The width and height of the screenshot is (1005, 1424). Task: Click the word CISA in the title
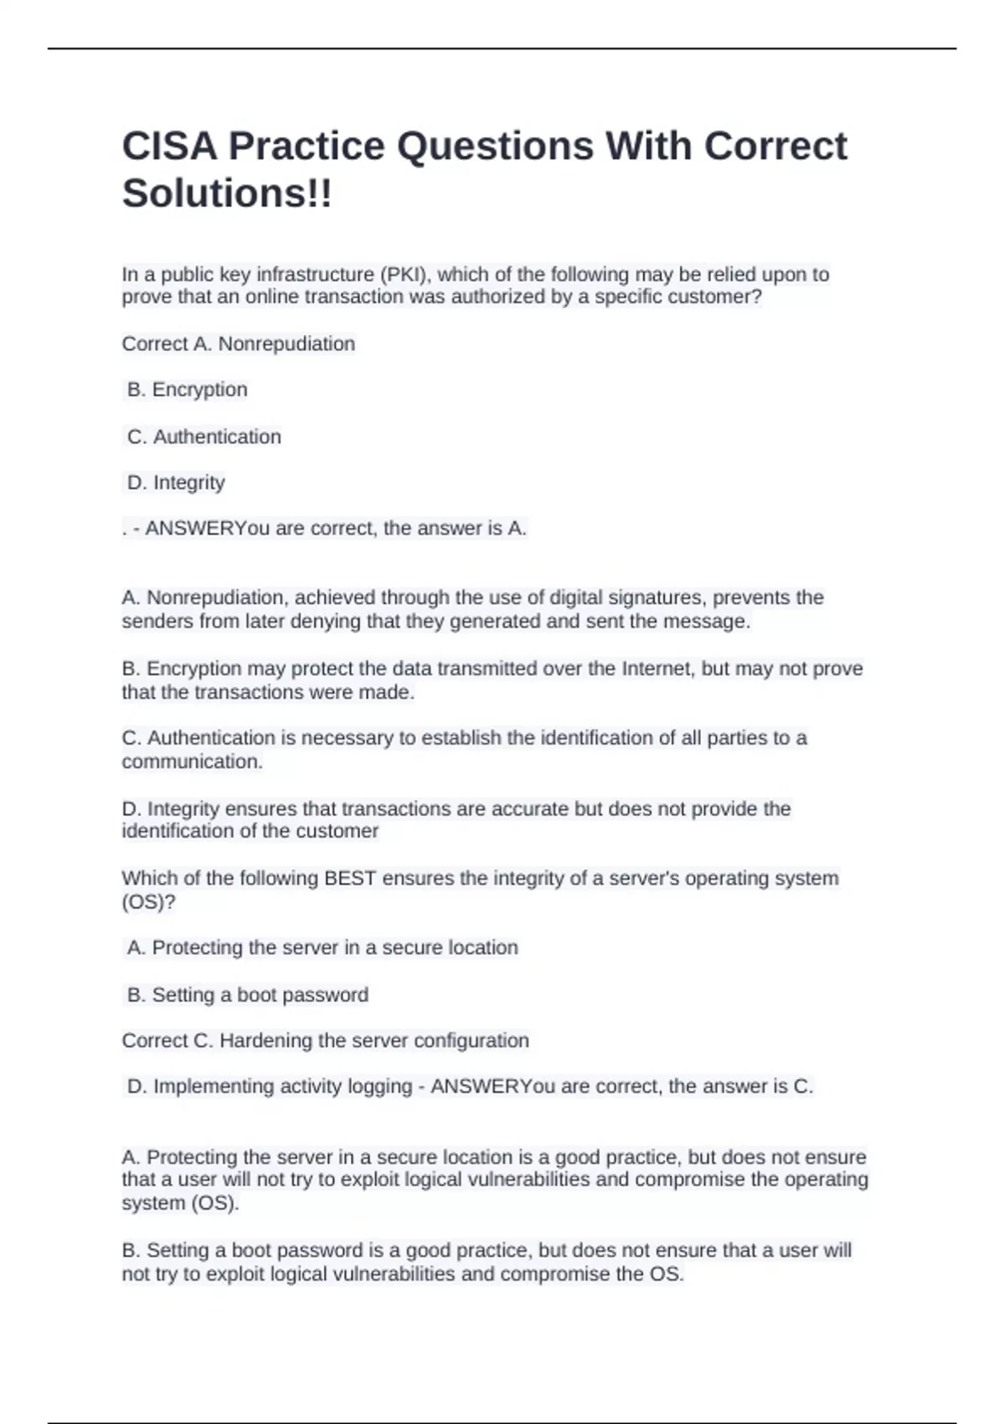pos(169,147)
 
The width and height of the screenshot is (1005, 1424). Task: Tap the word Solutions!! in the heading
pos(227,193)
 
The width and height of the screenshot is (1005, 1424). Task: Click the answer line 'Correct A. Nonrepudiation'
pos(239,343)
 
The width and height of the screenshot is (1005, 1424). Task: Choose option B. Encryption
pos(187,390)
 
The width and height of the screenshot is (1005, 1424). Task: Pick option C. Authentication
pos(204,436)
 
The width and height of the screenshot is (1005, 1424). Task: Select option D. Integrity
pos(176,482)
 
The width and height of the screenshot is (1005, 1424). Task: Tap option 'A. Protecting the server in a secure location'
pos(322,947)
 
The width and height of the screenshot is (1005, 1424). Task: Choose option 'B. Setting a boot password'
pos(247,994)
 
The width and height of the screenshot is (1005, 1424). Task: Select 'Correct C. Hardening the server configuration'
pos(325,1040)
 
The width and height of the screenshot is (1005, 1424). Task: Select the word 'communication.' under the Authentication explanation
pos(192,761)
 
